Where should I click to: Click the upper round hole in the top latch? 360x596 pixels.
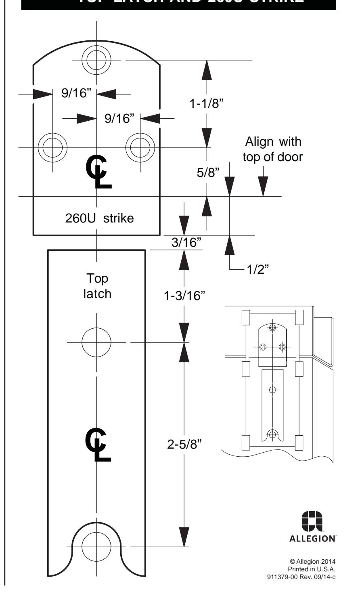tap(96, 342)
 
